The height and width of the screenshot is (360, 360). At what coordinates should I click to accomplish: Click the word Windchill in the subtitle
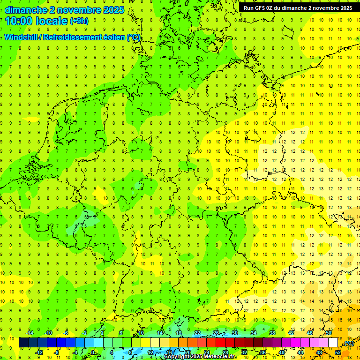click(x=22, y=37)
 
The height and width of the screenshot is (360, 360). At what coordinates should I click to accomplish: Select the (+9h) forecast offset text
click(x=79, y=21)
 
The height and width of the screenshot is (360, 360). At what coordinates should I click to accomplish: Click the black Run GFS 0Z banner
click(x=298, y=8)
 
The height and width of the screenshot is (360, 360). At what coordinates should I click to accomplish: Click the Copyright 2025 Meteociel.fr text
click(x=200, y=356)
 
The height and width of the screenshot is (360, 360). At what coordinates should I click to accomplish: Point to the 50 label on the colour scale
click(x=329, y=333)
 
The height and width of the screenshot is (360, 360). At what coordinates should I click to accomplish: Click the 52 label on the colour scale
click(x=338, y=352)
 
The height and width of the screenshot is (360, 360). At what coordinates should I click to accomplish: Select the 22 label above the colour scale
click(x=197, y=333)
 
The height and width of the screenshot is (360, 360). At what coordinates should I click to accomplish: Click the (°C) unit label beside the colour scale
click(x=348, y=343)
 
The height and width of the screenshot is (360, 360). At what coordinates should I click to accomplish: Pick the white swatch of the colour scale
click(x=333, y=343)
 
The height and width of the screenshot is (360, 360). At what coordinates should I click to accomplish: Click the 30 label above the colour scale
click(x=235, y=333)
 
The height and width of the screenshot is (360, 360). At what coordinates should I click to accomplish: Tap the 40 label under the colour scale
click(x=282, y=352)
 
